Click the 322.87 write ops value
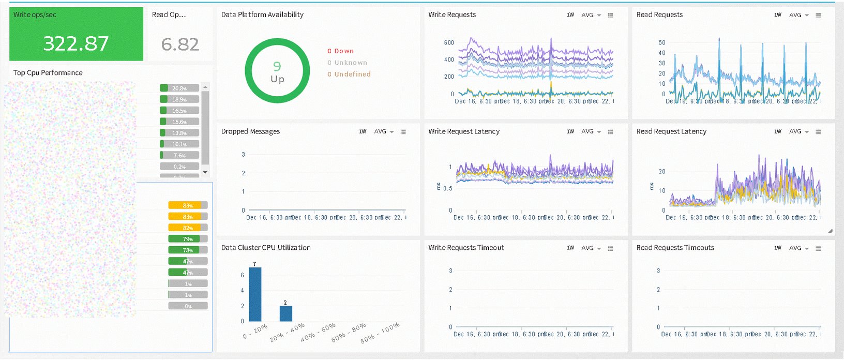pyautogui.click(x=76, y=43)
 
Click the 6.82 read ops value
pyautogui.click(x=180, y=44)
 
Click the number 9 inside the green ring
pyautogui.click(x=277, y=66)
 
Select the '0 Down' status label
pyautogui.click(x=340, y=51)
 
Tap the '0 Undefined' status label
pyautogui.click(x=349, y=74)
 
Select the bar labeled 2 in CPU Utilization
pyautogui.click(x=285, y=313)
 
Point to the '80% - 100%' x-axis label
pyautogui.click(x=380, y=333)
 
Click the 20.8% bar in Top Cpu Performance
pyautogui.click(x=179, y=88)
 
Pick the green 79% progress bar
pyautogui.click(x=187, y=239)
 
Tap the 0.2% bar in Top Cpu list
pyautogui.click(x=179, y=167)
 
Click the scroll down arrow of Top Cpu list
pyautogui.click(x=205, y=172)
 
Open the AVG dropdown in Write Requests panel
pyautogui.click(x=591, y=16)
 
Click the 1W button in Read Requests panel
pyautogui.click(x=777, y=15)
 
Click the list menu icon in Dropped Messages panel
pyautogui.click(x=403, y=132)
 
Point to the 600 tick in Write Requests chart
pyautogui.click(x=449, y=43)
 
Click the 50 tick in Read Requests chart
pyautogui.click(x=662, y=43)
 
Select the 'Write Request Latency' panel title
pyautogui.click(x=463, y=131)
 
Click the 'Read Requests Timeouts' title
pyautogui.click(x=675, y=248)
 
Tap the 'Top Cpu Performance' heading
pyautogui.click(x=48, y=73)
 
